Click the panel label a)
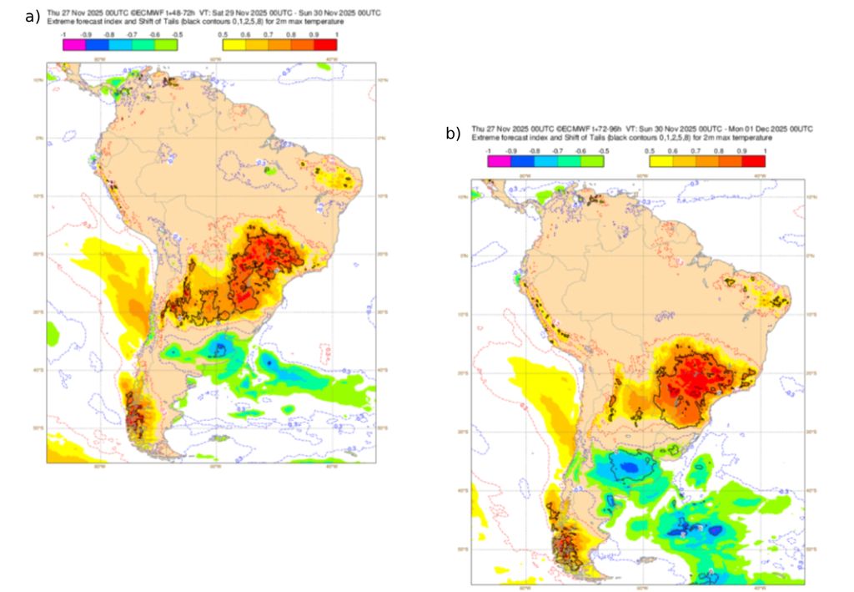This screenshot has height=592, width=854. [33, 16]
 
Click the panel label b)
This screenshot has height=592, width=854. [453, 133]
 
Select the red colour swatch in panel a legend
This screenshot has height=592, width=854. [326, 45]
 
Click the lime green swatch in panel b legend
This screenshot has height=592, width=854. [591, 161]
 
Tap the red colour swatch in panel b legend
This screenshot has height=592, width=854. [752, 161]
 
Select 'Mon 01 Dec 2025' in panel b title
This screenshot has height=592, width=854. [752, 129]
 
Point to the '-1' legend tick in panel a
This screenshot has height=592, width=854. [63, 36]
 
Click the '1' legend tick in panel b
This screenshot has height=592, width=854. [764, 151]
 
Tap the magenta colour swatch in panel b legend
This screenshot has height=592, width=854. [499, 161]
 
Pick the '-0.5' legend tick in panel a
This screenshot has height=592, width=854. [177, 36]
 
